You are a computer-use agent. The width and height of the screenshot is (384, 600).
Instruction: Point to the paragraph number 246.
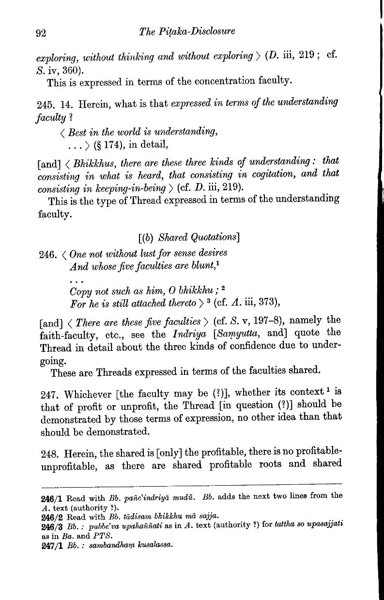pyautogui.click(x=45, y=254)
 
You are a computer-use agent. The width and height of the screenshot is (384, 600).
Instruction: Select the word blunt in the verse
pyautogui.click(x=168, y=266)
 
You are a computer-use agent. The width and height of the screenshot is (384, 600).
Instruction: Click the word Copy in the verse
pyautogui.click(x=82, y=292)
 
